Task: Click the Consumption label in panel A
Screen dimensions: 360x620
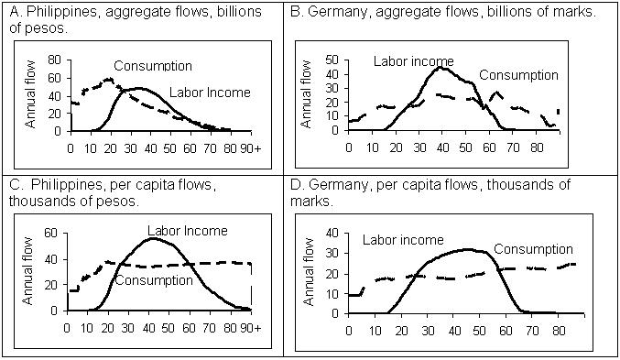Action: pyautogui.click(x=153, y=66)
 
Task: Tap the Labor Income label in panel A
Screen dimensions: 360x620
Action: pyautogui.click(x=211, y=93)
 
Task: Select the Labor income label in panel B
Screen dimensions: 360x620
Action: pyautogui.click(x=412, y=60)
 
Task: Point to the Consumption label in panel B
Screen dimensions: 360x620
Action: pyautogui.click(x=517, y=75)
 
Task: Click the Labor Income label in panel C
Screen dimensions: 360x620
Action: pyautogui.click(x=188, y=231)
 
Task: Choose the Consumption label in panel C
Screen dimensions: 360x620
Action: pyautogui.click(x=154, y=279)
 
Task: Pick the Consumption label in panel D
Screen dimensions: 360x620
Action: pyautogui.click(x=534, y=249)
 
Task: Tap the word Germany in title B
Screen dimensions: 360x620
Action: pyautogui.click(x=333, y=13)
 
